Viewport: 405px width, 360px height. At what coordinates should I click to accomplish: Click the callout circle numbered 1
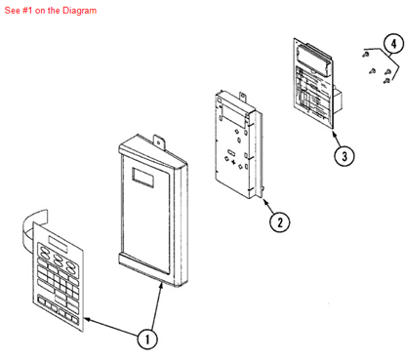pyautogui.click(x=146, y=340)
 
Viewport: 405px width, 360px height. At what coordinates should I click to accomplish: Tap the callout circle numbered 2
pyautogui.click(x=280, y=221)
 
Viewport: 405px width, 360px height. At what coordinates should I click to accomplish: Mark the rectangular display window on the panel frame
pyautogui.click(x=140, y=179)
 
